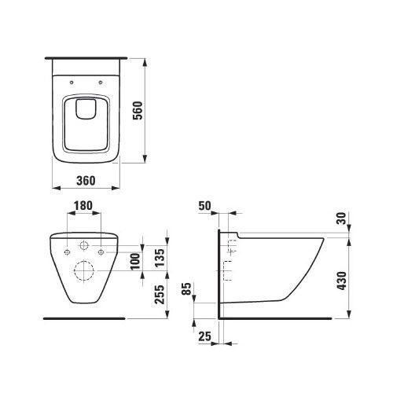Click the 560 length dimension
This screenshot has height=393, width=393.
point(138,111)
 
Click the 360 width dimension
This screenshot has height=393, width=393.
point(86,181)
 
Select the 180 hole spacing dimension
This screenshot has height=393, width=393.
point(83,206)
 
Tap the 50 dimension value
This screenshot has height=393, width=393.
point(204,206)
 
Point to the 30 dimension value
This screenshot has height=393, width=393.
point(341,219)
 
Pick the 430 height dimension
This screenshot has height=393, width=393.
point(341,281)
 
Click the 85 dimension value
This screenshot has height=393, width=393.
point(186,288)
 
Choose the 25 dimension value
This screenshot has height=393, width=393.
point(204,336)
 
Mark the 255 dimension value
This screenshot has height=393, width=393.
point(160,294)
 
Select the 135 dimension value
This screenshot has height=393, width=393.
point(160,258)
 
